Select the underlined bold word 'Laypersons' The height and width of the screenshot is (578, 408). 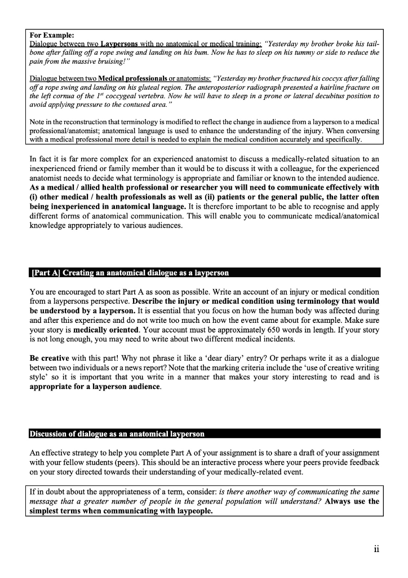tap(120, 44)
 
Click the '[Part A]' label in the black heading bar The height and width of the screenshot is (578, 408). tap(46, 273)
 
